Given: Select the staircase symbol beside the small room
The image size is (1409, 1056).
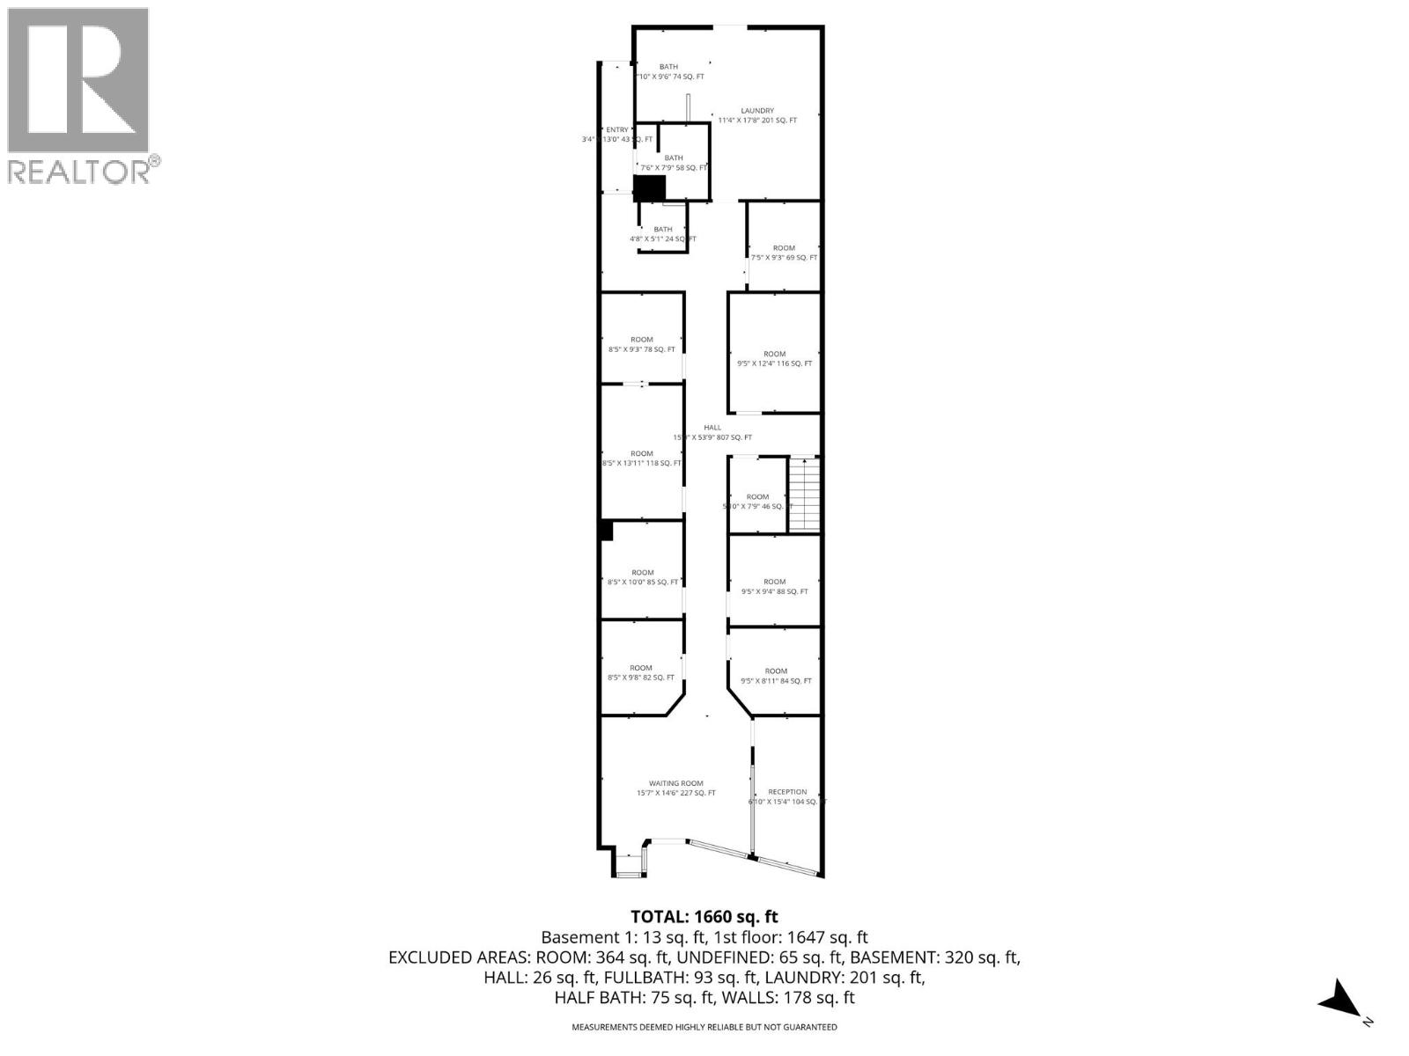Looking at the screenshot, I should [x=804, y=495].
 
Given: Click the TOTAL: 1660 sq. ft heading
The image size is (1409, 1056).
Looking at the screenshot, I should [x=704, y=917].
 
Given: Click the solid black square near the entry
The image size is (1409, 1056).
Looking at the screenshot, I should [x=650, y=188].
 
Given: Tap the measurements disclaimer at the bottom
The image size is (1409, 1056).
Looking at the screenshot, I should [x=704, y=1027].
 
